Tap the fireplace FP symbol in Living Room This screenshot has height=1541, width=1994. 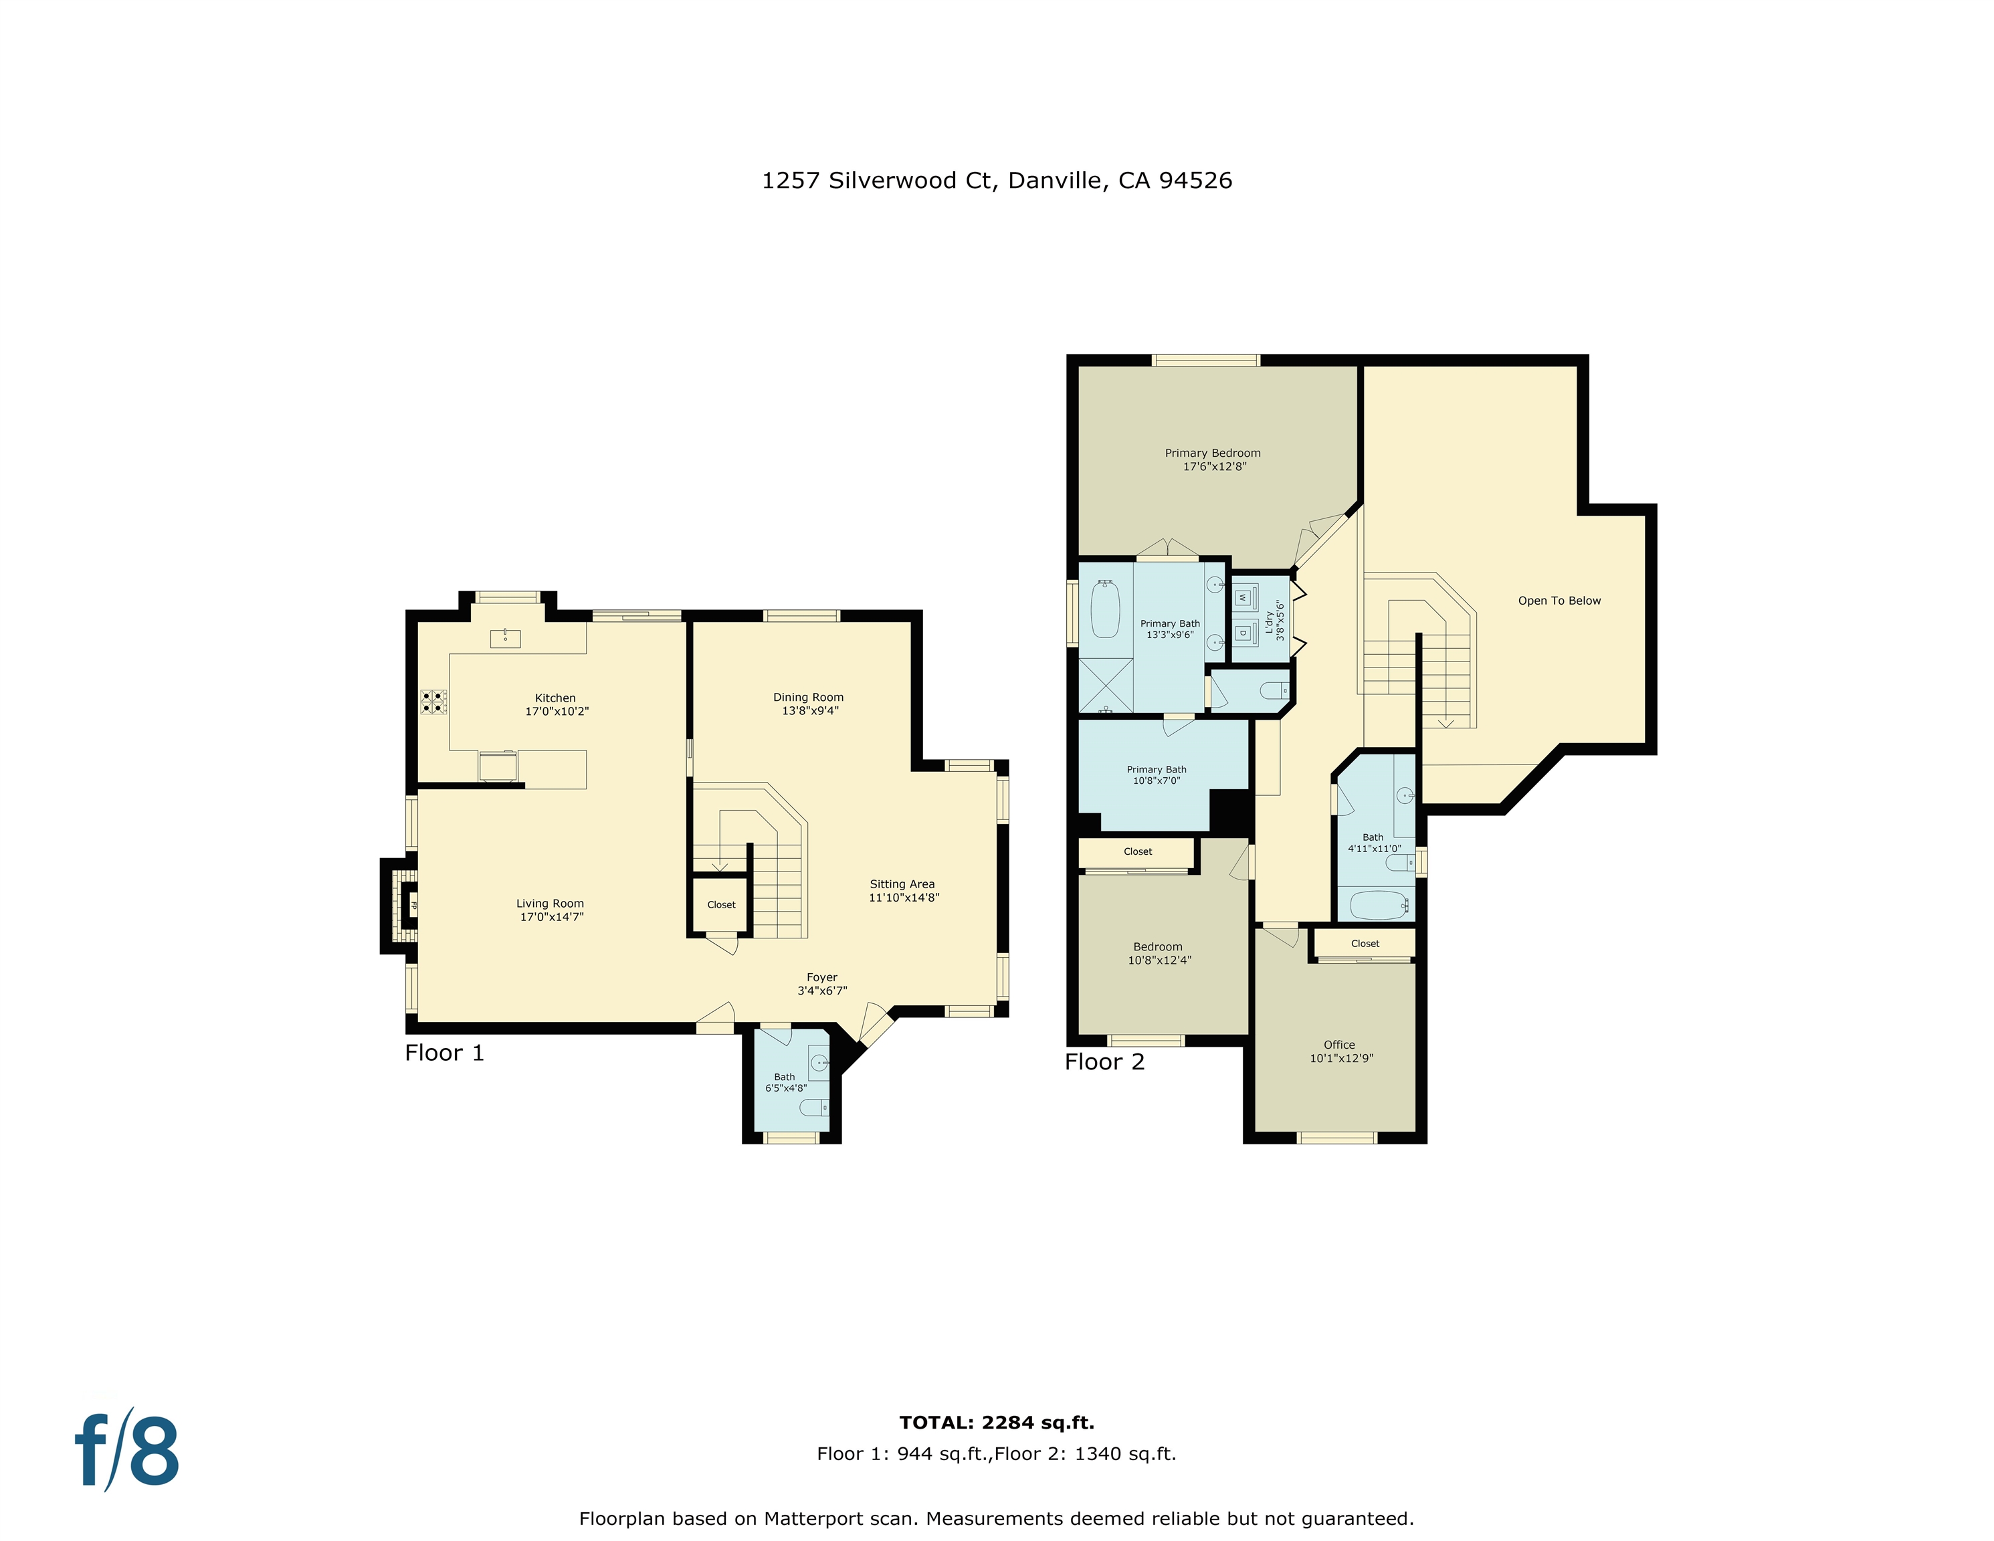tap(413, 906)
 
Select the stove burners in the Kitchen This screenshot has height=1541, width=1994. tap(433, 701)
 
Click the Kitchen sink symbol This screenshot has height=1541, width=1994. tap(505, 637)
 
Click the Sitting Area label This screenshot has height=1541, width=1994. tap(902, 884)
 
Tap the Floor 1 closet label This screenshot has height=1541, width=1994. tap(721, 905)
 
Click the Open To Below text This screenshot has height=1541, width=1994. tap(1559, 601)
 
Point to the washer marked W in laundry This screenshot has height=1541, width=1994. tap(1243, 598)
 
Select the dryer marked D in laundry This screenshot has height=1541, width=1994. tap(1243, 632)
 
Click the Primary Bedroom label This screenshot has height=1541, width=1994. tap(1213, 453)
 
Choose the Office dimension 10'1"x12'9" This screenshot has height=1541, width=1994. tap(1341, 1058)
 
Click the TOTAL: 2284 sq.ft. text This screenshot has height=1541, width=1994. tap(996, 1423)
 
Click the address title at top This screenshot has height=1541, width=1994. tap(996, 181)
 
